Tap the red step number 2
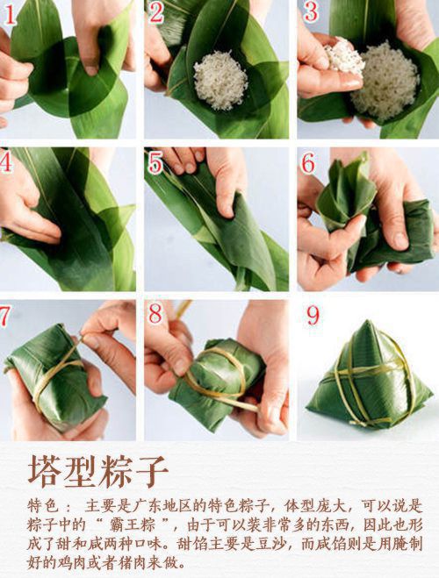tap(156, 12)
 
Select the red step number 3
tap(309, 12)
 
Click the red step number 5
tap(155, 163)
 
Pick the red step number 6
tap(308, 163)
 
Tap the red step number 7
tap(7, 315)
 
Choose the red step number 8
tap(155, 315)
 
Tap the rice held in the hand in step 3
tap(343, 58)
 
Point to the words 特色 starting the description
tap(42, 507)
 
